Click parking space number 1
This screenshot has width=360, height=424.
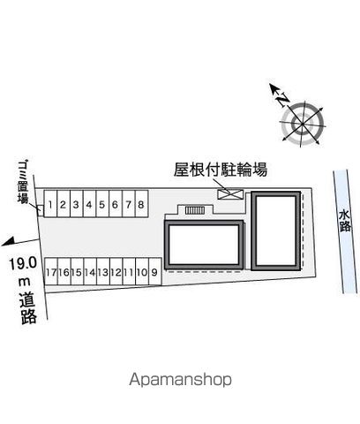50,204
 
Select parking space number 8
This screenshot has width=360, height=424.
141,204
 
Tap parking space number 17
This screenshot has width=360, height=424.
51,272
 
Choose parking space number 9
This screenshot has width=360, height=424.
155,272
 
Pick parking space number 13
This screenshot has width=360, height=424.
103,272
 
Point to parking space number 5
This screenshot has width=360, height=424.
102,204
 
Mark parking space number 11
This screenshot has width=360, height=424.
129,272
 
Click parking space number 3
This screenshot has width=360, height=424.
77,204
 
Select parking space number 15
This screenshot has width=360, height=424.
77,272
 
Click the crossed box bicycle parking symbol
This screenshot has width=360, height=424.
230,194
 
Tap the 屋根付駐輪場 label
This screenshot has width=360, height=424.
221,170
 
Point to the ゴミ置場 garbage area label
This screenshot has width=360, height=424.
23,182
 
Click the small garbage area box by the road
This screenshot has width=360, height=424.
40,210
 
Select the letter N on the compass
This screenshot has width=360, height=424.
283,100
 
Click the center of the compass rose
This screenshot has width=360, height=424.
303,124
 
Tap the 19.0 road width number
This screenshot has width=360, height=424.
23,263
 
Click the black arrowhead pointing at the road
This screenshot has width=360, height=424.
8,241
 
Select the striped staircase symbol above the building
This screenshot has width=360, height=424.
194,210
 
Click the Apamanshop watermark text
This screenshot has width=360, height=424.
180,380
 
